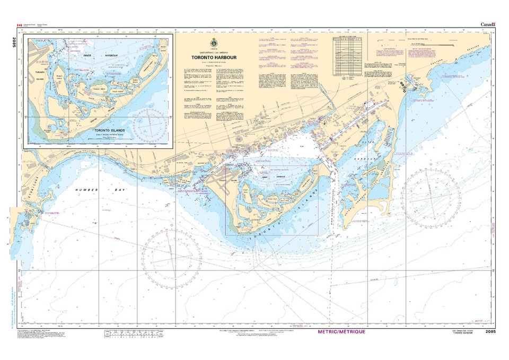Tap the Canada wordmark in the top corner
click(x=488, y=25)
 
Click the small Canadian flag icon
click(x=20, y=25)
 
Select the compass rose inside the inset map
click(x=152, y=125)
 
